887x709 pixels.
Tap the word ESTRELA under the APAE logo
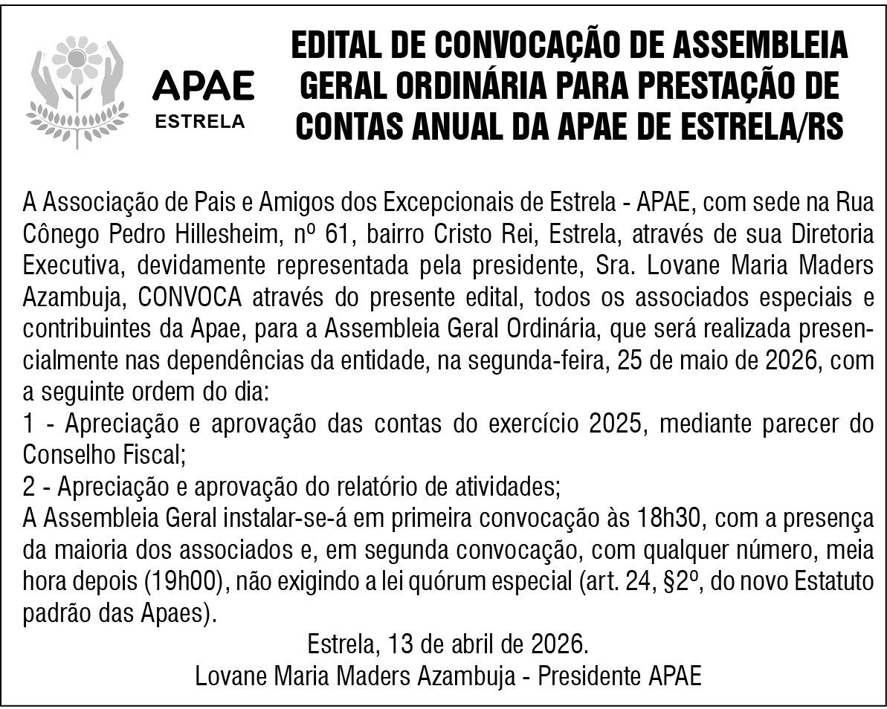click(199, 121)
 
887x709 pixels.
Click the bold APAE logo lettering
click(202, 87)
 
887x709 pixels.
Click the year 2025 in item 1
click(615, 424)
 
